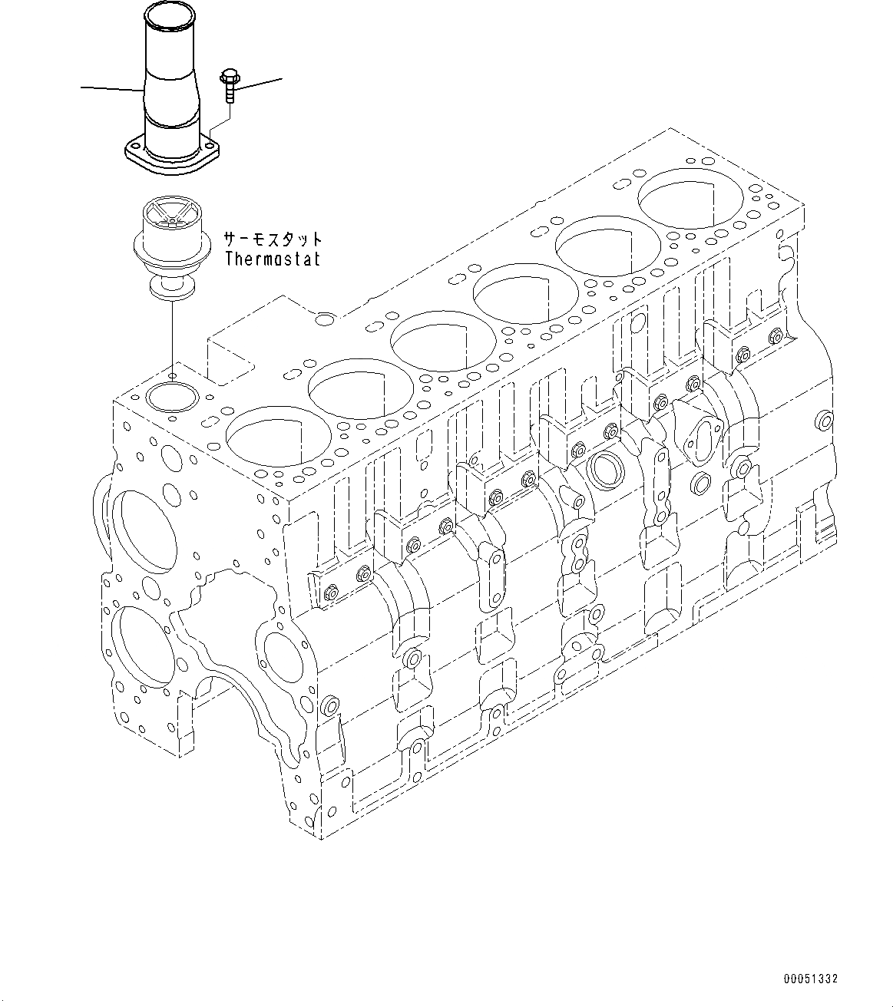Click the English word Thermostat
(x=273, y=259)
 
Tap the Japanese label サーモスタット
(x=273, y=239)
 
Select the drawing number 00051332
(x=811, y=979)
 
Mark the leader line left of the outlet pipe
(x=112, y=89)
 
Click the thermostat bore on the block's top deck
(x=172, y=397)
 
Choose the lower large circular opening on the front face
(x=144, y=645)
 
